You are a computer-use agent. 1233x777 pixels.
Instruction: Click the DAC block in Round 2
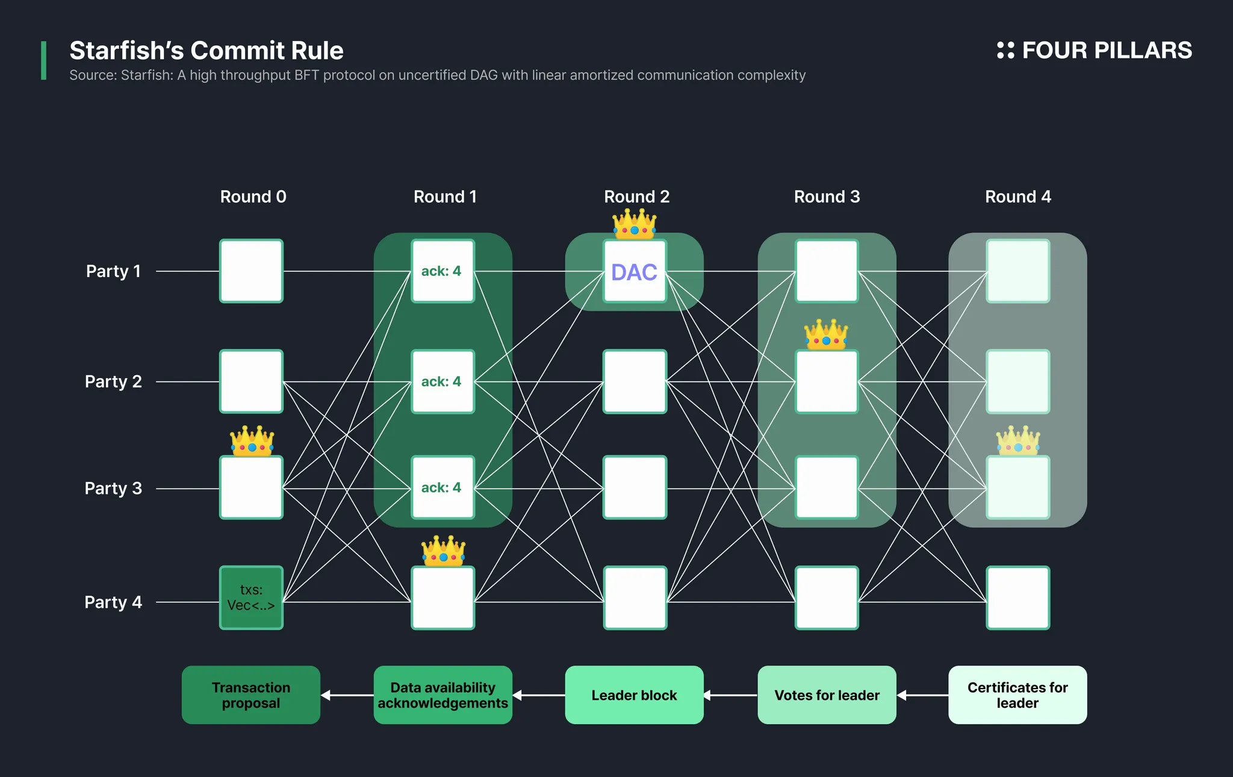point(635,272)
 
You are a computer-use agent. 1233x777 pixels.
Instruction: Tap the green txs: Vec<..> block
point(251,598)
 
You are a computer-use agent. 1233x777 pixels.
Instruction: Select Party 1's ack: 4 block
point(443,271)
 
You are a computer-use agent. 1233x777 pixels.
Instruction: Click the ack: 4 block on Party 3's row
point(443,487)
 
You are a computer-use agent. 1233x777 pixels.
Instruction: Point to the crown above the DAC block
point(635,223)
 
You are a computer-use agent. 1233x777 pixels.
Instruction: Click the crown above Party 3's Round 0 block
point(252,440)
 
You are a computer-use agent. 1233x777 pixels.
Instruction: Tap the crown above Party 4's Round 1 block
point(443,551)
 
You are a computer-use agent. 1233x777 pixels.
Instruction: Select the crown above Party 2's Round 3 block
point(826,334)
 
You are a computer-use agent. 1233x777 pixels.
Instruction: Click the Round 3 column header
point(827,196)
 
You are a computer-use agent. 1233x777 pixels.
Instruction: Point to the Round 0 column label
point(253,196)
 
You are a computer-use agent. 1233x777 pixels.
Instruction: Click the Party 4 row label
point(113,602)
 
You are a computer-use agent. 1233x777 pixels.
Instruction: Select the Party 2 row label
point(113,381)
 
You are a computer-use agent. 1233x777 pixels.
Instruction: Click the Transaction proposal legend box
point(251,694)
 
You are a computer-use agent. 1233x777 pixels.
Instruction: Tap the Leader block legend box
point(634,694)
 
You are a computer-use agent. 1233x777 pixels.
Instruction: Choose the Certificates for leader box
point(1017,694)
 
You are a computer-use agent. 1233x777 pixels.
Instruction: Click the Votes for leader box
point(827,694)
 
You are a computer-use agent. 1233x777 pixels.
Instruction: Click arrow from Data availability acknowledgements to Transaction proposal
point(347,695)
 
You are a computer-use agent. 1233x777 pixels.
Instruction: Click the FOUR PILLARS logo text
point(1106,50)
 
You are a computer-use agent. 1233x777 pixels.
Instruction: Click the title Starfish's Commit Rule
point(206,51)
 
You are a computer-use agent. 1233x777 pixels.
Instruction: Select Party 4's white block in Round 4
point(1017,598)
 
